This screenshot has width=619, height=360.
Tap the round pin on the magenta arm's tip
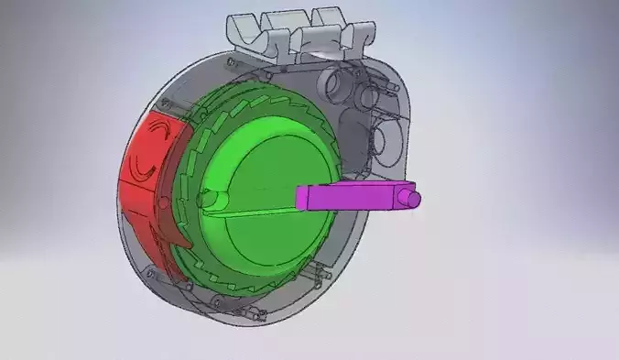pos(414,198)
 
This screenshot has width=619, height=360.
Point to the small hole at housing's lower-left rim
pos(147,268)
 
